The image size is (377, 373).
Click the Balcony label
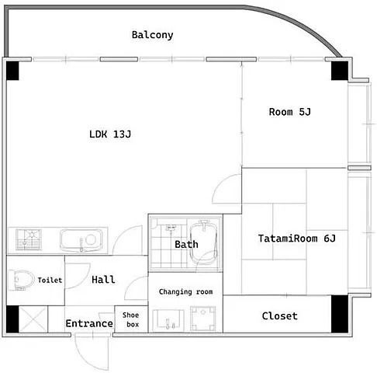click(152, 35)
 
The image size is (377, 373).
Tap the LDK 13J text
click(110, 134)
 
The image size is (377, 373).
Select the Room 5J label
click(290, 112)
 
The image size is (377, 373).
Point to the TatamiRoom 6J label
click(297, 239)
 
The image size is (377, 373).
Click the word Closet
click(279, 316)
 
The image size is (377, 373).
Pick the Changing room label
click(185, 292)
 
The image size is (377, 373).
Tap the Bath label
click(186, 244)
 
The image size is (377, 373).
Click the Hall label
click(103, 280)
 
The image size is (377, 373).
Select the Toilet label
click(50, 280)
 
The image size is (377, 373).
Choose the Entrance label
click(89, 323)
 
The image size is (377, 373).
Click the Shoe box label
click(131, 319)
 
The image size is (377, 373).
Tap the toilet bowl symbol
click(22, 280)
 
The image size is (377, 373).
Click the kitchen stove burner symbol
click(29, 239)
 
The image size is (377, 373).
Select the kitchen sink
click(81, 240)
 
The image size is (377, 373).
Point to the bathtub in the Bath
click(203, 242)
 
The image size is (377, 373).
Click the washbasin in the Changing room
click(168, 320)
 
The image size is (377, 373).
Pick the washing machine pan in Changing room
click(203, 319)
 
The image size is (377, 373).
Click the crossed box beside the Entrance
click(33, 319)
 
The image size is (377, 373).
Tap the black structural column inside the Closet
click(340, 314)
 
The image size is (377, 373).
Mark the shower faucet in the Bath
click(171, 228)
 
